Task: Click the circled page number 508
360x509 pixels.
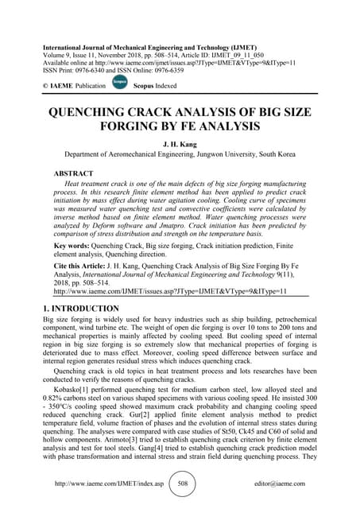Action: point(180,483)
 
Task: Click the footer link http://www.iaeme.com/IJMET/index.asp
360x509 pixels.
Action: point(108,483)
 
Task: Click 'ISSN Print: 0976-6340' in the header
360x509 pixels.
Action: point(79,68)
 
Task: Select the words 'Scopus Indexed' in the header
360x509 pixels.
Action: point(157,84)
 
